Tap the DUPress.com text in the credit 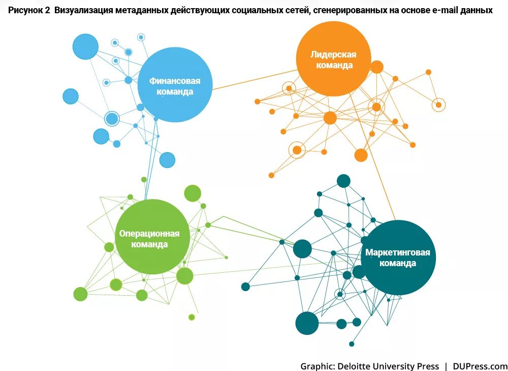click(x=480, y=366)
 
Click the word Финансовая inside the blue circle click(x=174, y=81)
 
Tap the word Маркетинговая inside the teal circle click(x=398, y=253)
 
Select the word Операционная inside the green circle click(x=149, y=234)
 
